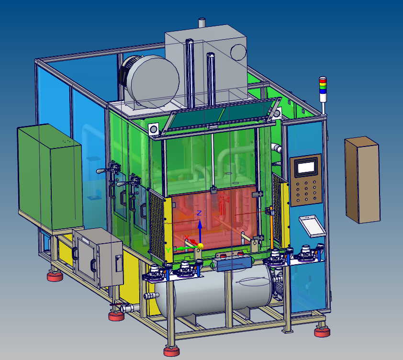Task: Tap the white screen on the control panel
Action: pyautogui.click(x=306, y=168)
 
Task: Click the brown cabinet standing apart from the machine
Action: pyautogui.click(x=362, y=180)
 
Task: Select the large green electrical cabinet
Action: pyautogui.click(x=50, y=177)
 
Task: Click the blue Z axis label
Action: pyautogui.click(x=199, y=213)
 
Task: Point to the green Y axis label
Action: pyautogui.click(x=168, y=250)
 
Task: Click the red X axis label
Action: pyautogui.click(x=187, y=238)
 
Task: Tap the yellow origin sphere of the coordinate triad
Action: pyautogui.click(x=200, y=247)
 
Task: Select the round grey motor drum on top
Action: pyautogui.click(x=152, y=81)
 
